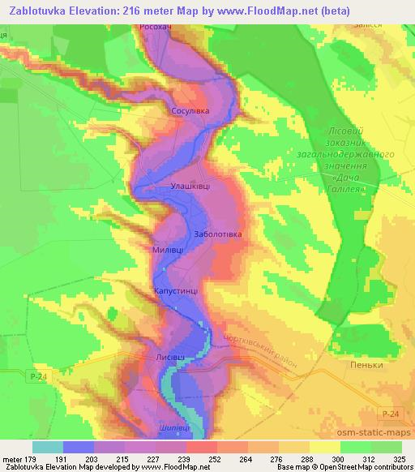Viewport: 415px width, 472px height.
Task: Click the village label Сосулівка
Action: pyautogui.click(x=190, y=111)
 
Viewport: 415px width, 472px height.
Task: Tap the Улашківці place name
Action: pyautogui.click(x=190, y=186)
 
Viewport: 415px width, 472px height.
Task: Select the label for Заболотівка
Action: pyautogui.click(x=219, y=234)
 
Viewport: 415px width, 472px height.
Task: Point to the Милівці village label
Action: pyautogui.click(x=168, y=251)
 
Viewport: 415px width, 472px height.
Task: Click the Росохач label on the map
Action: pyautogui.click(x=156, y=27)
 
